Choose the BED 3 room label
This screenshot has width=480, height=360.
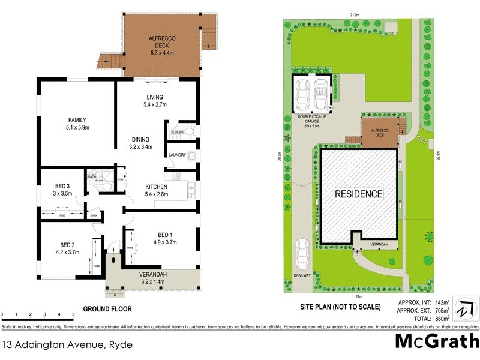62,190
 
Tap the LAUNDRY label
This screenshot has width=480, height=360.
177,155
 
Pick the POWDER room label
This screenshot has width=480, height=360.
177,132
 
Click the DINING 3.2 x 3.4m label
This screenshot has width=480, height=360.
141,142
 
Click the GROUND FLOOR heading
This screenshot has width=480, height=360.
107,309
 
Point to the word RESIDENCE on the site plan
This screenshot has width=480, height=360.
358,194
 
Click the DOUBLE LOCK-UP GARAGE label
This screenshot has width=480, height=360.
312,122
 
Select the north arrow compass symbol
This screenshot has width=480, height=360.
465,308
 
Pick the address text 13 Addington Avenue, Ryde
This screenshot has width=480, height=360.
67,345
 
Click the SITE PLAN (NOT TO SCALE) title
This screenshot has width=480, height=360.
340,307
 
